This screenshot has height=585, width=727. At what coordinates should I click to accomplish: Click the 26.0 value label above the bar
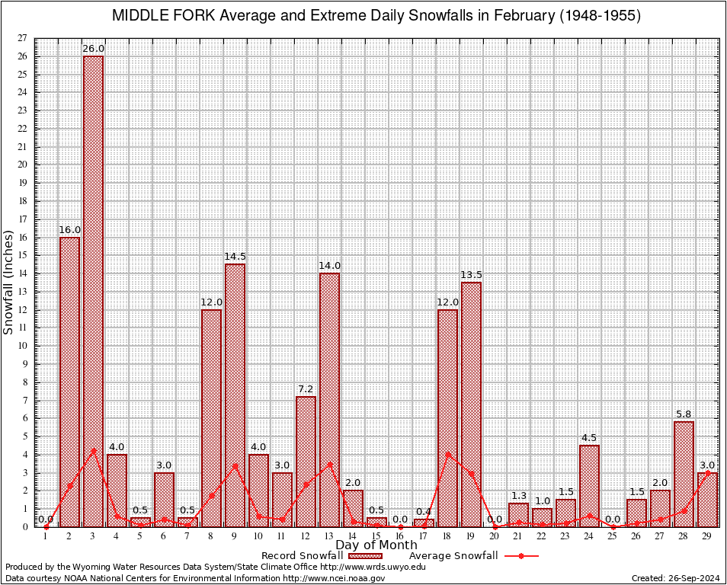[x=93, y=49]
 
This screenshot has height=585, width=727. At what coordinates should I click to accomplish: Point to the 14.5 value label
[x=235, y=257]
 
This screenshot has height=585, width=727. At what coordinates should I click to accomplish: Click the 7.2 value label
[x=306, y=389]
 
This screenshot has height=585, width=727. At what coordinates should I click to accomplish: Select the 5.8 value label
[x=684, y=414]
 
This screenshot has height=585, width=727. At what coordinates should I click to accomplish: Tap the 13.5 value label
[x=471, y=275]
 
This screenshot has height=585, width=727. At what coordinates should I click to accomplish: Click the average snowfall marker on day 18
[x=447, y=454]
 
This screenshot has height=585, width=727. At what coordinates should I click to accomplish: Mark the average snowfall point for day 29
[x=707, y=472]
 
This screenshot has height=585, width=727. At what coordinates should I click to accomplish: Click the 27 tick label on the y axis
[x=22, y=38]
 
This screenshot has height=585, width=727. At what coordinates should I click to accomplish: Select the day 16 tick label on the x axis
[x=400, y=536]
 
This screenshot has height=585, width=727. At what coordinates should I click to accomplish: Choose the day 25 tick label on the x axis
[x=613, y=536]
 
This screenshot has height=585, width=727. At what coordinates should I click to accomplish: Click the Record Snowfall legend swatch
[x=363, y=556]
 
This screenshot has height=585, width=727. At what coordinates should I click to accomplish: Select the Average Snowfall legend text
[x=453, y=556]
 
